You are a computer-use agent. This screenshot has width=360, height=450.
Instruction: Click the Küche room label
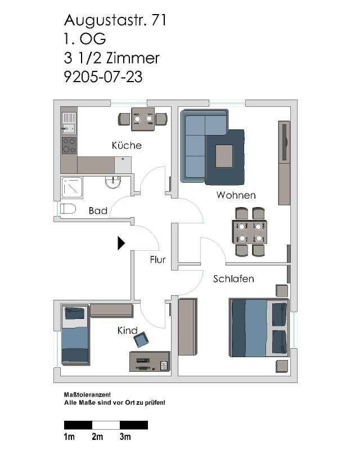[x=127, y=145]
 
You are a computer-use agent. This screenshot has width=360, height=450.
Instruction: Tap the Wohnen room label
[x=236, y=195]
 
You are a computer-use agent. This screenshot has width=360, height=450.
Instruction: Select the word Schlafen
[x=233, y=278]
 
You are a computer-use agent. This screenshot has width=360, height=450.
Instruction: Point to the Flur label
[x=157, y=260]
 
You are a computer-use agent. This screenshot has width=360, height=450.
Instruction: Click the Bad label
[x=98, y=210]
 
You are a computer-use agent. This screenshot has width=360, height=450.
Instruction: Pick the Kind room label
[x=127, y=330]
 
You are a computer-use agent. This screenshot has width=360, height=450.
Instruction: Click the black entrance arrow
[x=121, y=243]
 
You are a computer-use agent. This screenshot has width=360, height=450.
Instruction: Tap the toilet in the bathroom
[x=67, y=209]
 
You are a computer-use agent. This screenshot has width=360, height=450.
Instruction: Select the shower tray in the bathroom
[x=72, y=188]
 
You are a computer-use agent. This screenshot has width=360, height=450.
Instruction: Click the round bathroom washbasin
[x=113, y=182]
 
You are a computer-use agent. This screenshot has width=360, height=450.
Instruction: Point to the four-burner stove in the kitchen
[x=69, y=146]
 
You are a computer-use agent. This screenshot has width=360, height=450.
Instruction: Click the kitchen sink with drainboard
[x=69, y=123]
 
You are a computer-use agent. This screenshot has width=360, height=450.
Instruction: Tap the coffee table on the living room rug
[x=224, y=156]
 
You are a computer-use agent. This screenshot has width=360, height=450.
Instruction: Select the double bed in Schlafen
[x=259, y=328]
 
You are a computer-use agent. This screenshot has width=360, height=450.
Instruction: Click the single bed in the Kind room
[x=75, y=335]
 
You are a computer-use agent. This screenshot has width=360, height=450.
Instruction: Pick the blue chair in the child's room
[x=141, y=339]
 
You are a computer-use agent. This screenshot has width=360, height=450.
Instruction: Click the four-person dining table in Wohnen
[x=250, y=232]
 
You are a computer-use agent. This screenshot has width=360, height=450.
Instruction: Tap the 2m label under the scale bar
[x=97, y=436]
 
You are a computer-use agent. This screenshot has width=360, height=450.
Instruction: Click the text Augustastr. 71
[x=115, y=20]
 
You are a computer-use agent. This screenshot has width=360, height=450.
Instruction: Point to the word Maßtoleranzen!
[x=87, y=395]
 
